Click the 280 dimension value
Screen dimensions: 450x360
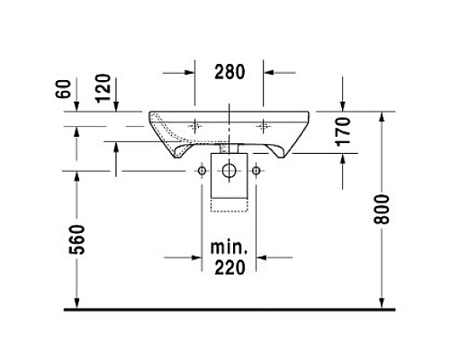click(229, 72)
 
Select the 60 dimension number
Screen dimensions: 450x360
click(64, 89)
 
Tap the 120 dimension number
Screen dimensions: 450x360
click(103, 88)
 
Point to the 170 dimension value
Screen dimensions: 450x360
click(344, 131)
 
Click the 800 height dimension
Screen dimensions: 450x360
click(382, 209)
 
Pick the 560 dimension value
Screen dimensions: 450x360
click(77, 239)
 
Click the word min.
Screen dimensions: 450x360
click(229, 247)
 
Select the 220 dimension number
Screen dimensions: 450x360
click(229, 267)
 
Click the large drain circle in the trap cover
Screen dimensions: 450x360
click(229, 171)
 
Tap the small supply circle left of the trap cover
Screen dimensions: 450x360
click(202, 171)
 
